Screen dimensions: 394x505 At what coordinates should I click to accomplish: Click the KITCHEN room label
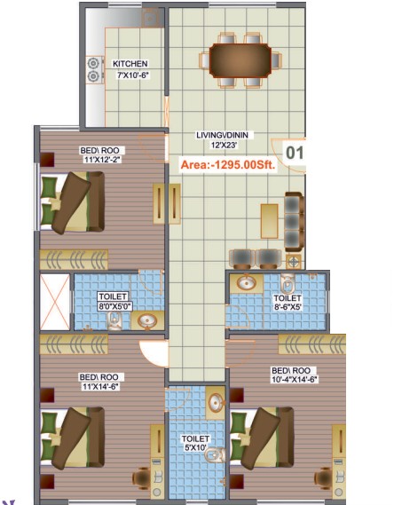pyautogui.click(x=130, y=64)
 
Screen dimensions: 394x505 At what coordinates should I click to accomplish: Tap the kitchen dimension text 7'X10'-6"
pyautogui.click(x=133, y=75)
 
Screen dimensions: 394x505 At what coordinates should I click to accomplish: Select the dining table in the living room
pyautogui.click(x=240, y=60)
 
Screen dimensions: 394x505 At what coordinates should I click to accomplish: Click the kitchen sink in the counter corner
pyautogui.click(x=150, y=18)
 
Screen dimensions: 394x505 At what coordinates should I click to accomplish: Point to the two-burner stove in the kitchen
pyautogui.click(x=94, y=70)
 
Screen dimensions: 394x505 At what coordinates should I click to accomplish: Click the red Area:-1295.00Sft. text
pyautogui.click(x=228, y=165)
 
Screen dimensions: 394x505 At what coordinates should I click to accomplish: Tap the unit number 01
pyautogui.click(x=295, y=153)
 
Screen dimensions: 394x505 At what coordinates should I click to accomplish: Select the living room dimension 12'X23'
pyautogui.click(x=224, y=146)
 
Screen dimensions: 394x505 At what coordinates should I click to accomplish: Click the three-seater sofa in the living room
pyautogui.click(x=295, y=222)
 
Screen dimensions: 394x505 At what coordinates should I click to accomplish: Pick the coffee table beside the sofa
pyautogui.click(x=270, y=221)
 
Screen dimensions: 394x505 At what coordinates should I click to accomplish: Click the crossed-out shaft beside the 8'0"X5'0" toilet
pyautogui.click(x=55, y=302)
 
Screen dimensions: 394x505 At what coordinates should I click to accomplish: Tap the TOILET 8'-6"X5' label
pyautogui.click(x=288, y=303)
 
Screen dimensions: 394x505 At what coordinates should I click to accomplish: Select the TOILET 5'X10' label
pyautogui.click(x=195, y=443)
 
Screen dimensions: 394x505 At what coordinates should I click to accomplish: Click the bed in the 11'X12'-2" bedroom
pyautogui.click(x=73, y=202)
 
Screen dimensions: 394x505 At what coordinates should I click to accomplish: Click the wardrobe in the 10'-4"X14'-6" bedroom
pyautogui.click(x=312, y=344)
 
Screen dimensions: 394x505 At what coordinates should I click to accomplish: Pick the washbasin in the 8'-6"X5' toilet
pyautogui.click(x=247, y=283)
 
